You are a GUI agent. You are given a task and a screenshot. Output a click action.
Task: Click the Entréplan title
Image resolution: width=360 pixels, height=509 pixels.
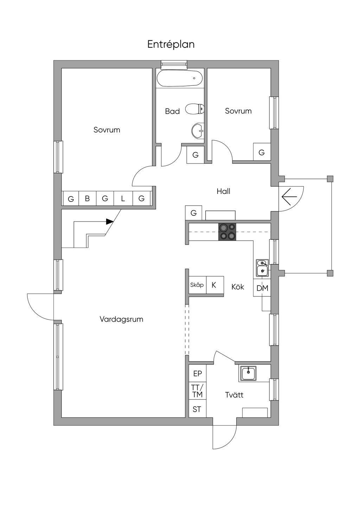tap(171, 44)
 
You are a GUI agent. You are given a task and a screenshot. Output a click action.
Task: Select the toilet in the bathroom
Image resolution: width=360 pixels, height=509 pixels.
tap(195, 109)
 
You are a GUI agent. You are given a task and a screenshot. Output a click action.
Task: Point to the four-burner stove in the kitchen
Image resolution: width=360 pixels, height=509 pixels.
tap(227, 232)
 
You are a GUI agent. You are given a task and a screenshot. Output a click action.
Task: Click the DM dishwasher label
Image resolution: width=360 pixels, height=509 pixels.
tap(262, 288)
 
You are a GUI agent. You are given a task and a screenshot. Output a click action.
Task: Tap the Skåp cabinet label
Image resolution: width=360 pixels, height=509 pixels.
tap(197, 285)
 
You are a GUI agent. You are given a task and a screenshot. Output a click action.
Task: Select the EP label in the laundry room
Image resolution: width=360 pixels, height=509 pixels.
tap(198, 374)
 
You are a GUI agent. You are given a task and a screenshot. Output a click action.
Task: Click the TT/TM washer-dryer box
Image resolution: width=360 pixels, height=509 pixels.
tap(198, 391)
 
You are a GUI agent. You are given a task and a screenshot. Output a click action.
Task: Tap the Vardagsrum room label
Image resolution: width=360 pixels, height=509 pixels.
tap(121, 319)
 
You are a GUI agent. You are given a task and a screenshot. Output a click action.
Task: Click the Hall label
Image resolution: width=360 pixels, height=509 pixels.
tap(223, 191)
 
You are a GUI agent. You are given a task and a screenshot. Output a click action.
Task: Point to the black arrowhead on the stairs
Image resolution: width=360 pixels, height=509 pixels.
tap(110, 221)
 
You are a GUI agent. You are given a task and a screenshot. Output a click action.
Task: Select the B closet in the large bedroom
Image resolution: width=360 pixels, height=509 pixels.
tap(87, 198)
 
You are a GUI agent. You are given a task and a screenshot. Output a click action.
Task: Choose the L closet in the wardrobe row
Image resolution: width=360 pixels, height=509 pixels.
tap(123, 198)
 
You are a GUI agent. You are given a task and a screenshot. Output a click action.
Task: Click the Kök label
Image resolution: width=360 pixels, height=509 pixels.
tap(238, 287)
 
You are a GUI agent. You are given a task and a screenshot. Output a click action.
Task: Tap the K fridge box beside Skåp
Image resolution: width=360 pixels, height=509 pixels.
tap(215, 285)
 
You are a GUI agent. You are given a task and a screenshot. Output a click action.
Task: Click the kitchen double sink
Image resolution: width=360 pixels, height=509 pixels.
tap(263, 268)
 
